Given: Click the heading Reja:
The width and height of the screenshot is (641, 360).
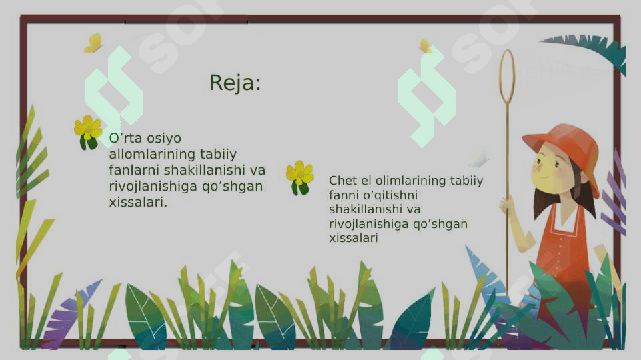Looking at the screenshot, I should (235, 83).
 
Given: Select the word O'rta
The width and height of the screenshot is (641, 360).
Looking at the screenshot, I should (125, 139).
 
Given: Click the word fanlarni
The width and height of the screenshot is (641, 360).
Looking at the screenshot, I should (134, 171).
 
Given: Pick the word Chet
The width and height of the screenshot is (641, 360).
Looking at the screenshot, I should (341, 181).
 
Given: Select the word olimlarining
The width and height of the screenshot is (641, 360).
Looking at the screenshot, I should (402, 181).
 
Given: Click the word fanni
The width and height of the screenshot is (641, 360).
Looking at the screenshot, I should (344, 195).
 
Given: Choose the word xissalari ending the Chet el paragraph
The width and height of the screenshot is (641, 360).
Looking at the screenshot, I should (353, 238).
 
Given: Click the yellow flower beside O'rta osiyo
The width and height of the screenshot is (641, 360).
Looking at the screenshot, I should (87, 129).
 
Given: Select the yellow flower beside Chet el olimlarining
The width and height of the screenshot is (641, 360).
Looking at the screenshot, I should (299, 175).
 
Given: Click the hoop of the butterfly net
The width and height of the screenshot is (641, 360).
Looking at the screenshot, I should (507, 76).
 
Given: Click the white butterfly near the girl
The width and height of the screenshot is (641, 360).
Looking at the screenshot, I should (478, 160).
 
